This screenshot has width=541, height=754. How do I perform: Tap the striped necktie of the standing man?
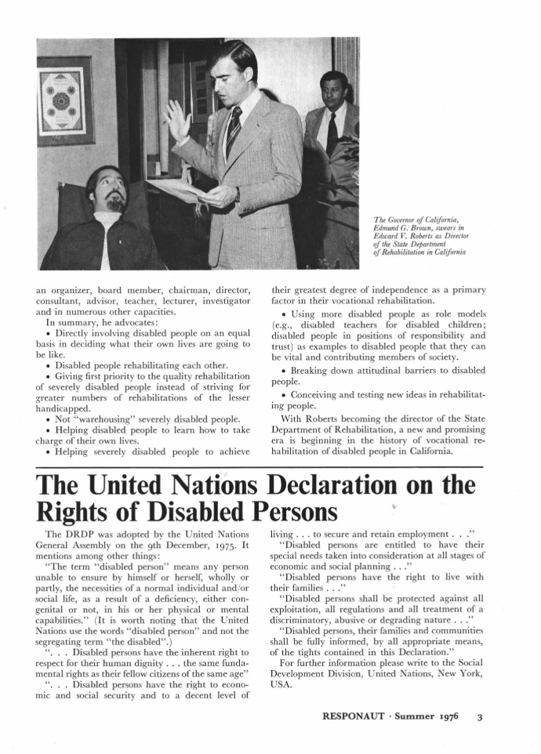tap(233, 132)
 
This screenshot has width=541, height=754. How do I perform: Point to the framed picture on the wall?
tap(65, 100)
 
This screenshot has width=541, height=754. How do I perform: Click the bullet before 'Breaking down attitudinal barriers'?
tap(283, 370)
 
